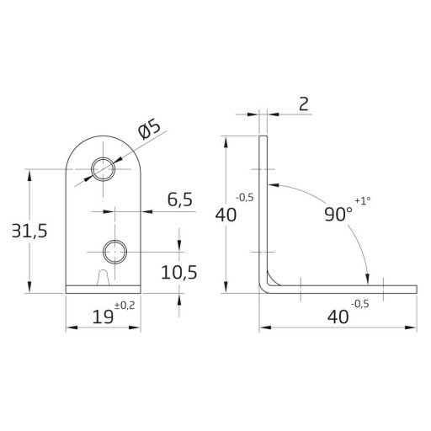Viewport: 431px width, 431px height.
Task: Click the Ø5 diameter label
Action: (x=150, y=129)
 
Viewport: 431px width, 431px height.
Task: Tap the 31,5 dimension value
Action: (x=29, y=231)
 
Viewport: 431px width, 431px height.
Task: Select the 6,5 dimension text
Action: (x=180, y=200)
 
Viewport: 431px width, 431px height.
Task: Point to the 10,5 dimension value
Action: (x=179, y=272)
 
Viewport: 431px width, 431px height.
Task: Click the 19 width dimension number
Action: (x=103, y=317)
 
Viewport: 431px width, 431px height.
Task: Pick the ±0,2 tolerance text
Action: (x=125, y=306)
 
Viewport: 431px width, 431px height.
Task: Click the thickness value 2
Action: (x=304, y=104)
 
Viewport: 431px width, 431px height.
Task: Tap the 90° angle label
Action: (x=338, y=215)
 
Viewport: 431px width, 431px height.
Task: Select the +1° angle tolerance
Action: (x=363, y=200)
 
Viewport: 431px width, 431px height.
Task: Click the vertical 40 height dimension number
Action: (x=226, y=215)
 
